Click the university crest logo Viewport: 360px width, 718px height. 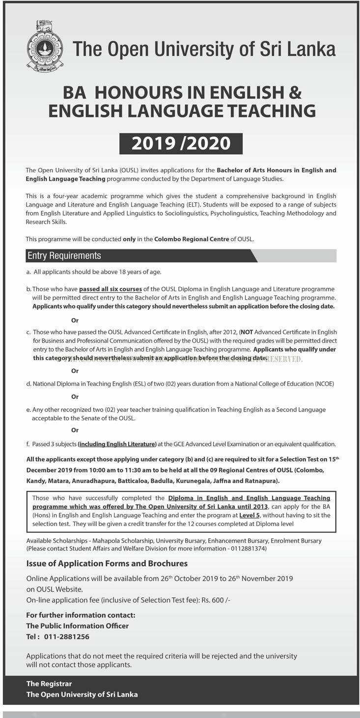(x=45, y=47)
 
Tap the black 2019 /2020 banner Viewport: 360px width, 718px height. (x=181, y=143)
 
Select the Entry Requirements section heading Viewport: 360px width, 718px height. (x=64, y=256)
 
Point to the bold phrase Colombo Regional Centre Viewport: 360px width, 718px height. (x=192, y=239)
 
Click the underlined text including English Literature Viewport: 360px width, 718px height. (x=117, y=444)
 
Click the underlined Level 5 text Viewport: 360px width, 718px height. (x=253, y=515)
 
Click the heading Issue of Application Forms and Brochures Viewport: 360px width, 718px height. (x=107, y=563)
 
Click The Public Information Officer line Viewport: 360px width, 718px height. (x=77, y=626)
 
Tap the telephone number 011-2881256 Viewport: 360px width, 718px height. (x=66, y=636)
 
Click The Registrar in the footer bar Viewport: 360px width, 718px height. (x=49, y=684)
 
